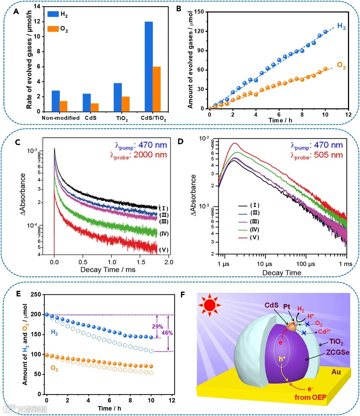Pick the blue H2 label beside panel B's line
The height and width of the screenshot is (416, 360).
341,27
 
